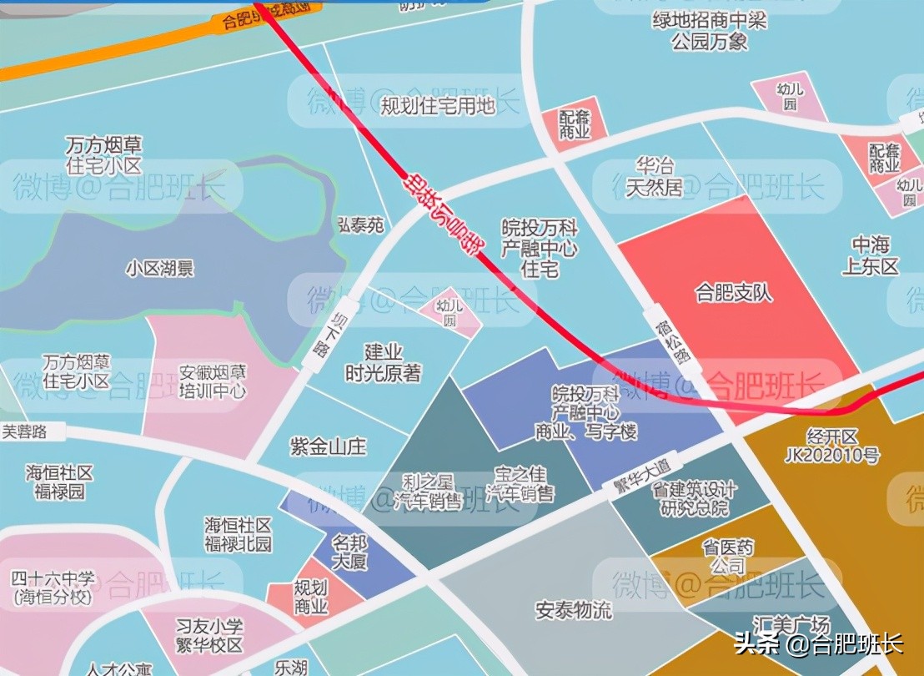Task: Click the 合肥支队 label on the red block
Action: pyautogui.click(x=734, y=293)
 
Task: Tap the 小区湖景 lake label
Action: pyautogui.click(x=160, y=268)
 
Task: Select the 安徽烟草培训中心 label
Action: pyautogui.click(x=213, y=381)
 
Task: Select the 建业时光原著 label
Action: pyautogui.click(x=383, y=363)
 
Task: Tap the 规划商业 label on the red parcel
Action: pyautogui.click(x=310, y=598)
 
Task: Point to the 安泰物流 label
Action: pyautogui.click(x=573, y=610)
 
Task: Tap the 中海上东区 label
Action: pyautogui.click(x=873, y=256)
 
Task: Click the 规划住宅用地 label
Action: pyautogui.click(x=437, y=106)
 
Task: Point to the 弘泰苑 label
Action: pyautogui.click(x=360, y=225)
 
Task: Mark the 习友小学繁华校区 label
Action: pyautogui.click(x=208, y=635)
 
